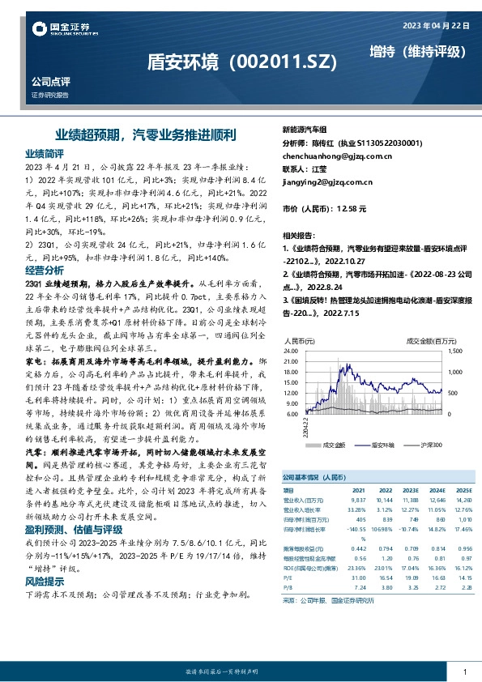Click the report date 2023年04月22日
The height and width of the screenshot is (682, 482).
pos(437,25)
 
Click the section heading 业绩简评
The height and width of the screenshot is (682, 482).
pos(45,153)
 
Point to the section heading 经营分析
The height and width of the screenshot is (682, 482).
pos(45,269)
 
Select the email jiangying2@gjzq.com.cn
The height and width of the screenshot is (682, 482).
pos(326,181)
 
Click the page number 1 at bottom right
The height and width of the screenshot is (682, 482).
pos(464,651)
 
